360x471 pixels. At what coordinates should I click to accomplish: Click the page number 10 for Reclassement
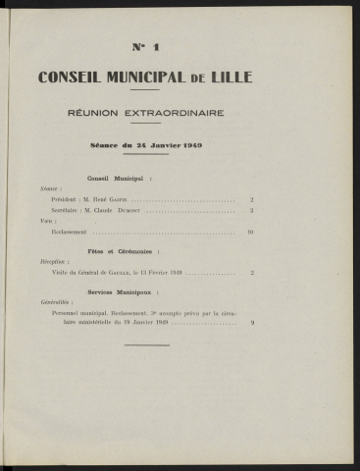click(251, 232)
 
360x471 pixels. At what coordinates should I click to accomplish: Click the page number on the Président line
click(253, 199)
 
